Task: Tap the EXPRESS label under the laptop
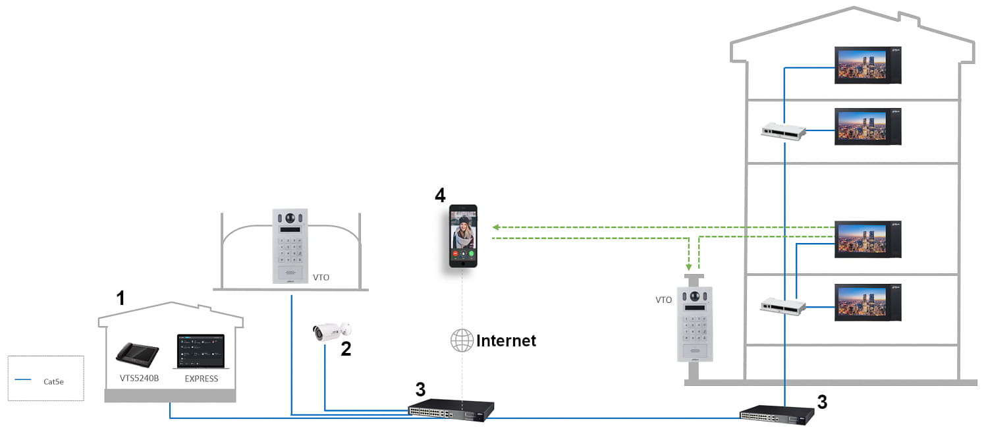(x=201, y=379)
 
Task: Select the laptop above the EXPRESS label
(x=201, y=352)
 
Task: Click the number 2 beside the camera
(x=346, y=349)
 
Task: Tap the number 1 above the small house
(x=120, y=299)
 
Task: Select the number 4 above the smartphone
(x=440, y=195)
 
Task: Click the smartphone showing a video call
(x=463, y=236)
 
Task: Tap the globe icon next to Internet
(x=462, y=341)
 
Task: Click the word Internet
(x=506, y=341)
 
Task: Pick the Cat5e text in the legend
(x=53, y=381)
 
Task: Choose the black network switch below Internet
(x=451, y=410)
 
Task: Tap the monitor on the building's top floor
(x=867, y=65)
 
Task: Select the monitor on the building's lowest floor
(x=867, y=302)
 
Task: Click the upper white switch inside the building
(x=784, y=130)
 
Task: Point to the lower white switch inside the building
(x=784, y=305)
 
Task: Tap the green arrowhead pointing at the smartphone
(x=496, y=227)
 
